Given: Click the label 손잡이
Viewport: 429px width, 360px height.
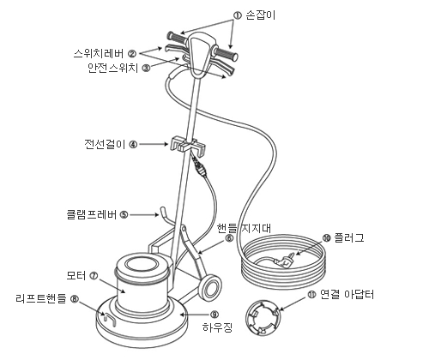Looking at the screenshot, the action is (260, 15).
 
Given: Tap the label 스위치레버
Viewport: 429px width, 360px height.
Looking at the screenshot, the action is (99, 53).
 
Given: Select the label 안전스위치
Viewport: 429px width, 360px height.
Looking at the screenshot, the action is (113, 68).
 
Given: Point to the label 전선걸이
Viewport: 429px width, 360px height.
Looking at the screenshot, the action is (105, 144).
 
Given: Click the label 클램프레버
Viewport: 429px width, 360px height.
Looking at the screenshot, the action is (92, 214).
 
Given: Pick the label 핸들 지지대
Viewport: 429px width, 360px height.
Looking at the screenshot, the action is (244, 228).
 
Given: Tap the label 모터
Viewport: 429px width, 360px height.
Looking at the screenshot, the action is (76, 276).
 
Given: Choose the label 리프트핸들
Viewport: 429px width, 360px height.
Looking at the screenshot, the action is (41, 298).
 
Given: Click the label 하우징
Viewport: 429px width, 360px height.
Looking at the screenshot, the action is (217, 327).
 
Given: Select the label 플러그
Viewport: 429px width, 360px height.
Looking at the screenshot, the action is (349, 237).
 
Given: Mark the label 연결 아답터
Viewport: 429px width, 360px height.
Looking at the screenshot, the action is (347, 294).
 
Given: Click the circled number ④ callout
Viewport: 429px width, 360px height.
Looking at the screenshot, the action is (133, 145).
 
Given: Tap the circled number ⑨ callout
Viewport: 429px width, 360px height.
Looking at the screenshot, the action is (214, 315).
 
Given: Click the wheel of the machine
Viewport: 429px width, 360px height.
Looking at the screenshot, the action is (210, 287).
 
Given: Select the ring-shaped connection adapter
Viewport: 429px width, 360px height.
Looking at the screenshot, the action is (263, 317).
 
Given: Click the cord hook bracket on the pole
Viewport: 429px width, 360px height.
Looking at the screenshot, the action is (188, 145).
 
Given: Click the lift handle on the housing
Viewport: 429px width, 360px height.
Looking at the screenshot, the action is (109, 320).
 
